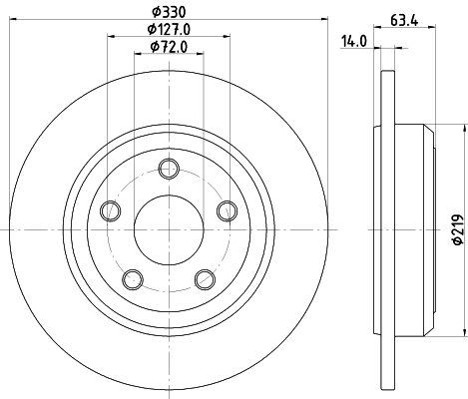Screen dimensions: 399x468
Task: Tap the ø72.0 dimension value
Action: [x=170, y=47]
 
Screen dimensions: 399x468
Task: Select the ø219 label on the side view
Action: [x=457, y=231]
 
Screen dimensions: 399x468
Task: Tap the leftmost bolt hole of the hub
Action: [x=110, y=209]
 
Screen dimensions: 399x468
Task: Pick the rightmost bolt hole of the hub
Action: [x=228, y=209]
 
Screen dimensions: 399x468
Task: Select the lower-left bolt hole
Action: [x=133, y=278]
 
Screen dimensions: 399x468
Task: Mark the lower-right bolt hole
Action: [x=205, y=278]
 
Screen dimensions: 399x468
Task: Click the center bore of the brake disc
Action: [x=169, y=228]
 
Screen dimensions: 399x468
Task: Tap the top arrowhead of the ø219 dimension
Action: [x=464, y=127]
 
